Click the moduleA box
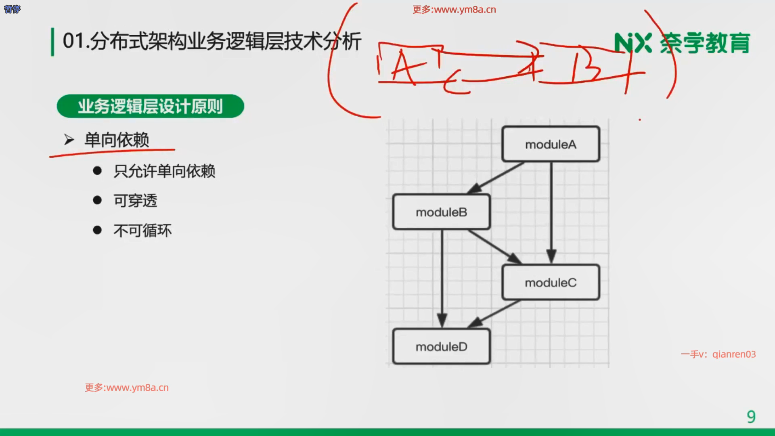coord(551,144)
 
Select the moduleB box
coord(442,212)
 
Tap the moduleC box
coord(551,282)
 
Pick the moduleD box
coord(442,346)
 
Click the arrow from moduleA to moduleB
coord(496,178)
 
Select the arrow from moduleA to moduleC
coord(551,213)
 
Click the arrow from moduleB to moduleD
coord(442,279)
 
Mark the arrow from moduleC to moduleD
coord(494,314)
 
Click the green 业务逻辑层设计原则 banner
coord(150,106)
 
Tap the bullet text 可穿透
coord(135,201)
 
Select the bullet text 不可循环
coord(142,231)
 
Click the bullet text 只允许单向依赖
coord(164,171)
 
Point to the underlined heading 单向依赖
coord(117,140)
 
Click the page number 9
coord(751,417)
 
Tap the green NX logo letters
coord(633,43)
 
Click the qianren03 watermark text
coord(734,354)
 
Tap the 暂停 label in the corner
coord(12,9)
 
